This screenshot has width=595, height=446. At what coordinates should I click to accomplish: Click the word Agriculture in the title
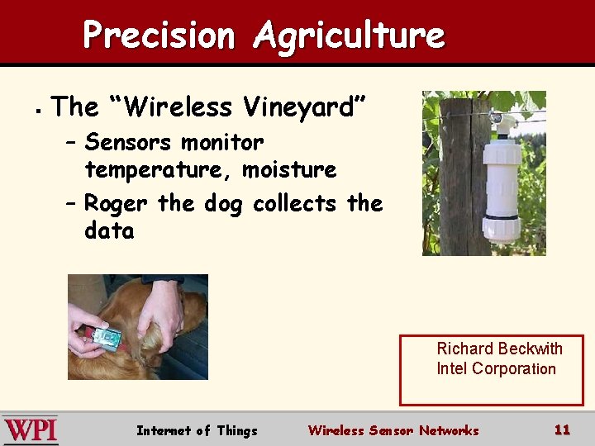click(349, 36)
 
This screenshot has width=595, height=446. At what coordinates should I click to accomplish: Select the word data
click(109, 230)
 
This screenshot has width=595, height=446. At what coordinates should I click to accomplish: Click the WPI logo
click(31, 430)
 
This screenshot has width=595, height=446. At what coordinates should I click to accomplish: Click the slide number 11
click(562, 429)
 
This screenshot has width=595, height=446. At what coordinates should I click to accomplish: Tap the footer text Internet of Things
click(197, 430)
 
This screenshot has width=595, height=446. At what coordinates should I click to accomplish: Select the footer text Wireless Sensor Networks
click(393, 430)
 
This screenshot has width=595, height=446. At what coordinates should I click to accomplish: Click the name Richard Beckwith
click(499, 349)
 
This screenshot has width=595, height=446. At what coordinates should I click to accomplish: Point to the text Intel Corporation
click(496, 368)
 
